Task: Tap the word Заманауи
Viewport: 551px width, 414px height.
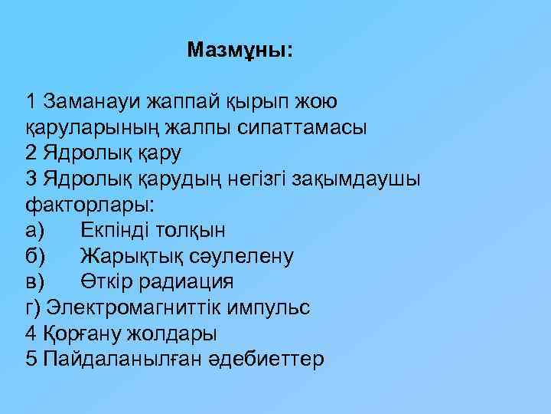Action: [x=92, y=101]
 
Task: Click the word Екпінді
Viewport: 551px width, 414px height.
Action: [x=119, y=230]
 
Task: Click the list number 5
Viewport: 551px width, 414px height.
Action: [x=31, y=360]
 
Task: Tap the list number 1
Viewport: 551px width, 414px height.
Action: [x=31, y=101]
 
